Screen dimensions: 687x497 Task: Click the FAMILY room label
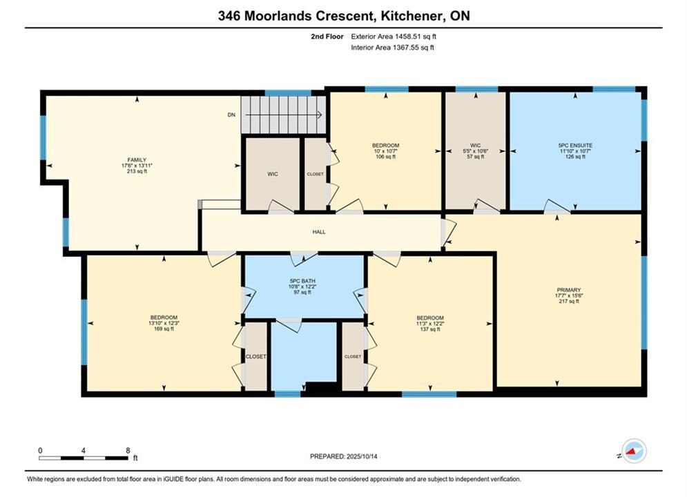137,160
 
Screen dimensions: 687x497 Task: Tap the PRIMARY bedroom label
569,290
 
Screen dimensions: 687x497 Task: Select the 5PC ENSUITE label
575,146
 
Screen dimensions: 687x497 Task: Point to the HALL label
319,232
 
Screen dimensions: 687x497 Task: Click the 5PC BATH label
302,281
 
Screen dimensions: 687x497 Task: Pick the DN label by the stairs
231,115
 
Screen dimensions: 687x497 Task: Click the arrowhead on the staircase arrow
320,115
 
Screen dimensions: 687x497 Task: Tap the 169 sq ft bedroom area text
164,329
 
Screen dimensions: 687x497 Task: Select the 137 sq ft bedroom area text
430,329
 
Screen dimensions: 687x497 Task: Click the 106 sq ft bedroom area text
385,157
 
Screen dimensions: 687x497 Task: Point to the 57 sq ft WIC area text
476,157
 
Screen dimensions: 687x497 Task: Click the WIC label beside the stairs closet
273,174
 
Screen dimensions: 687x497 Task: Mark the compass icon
635,451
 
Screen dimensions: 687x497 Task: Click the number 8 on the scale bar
128,450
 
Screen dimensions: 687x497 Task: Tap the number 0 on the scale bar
40,450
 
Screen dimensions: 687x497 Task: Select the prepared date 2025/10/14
362,456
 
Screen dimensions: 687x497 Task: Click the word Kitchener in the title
412,16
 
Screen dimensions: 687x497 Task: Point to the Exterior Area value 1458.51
406,37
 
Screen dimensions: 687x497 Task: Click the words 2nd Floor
327,37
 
